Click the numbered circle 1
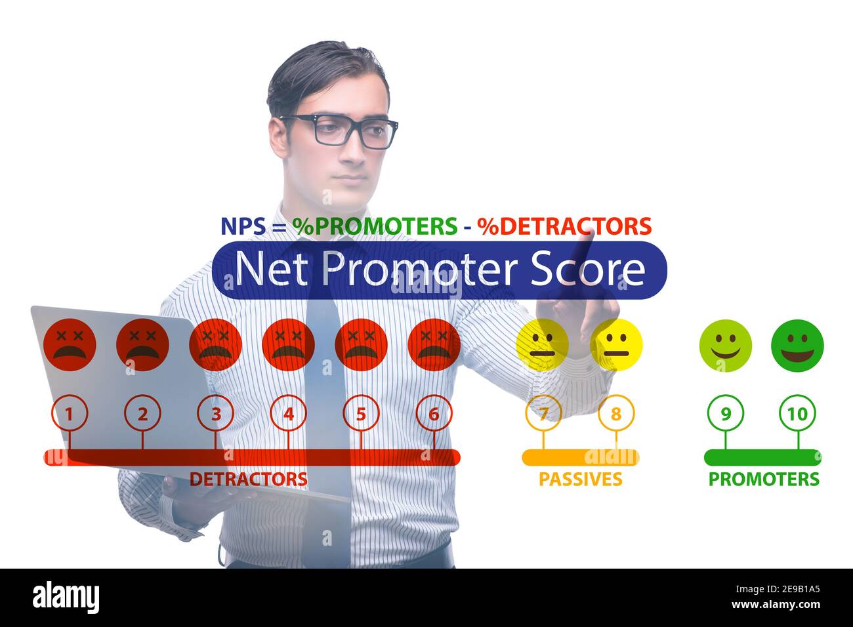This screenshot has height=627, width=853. (x=70, y=413)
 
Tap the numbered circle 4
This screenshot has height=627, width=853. (x=288, y=413)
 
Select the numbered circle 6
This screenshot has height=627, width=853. (x=434, y=413)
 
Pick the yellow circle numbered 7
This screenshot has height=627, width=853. (x=543, y=413)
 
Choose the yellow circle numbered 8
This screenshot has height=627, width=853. (x=615, y=413)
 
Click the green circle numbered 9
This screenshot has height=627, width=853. (x=725, y=413)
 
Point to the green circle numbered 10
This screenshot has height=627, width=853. (x=797, y=413)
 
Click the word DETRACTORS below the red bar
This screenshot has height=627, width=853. (x=248, y=479)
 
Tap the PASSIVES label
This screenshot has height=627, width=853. (x=580, y=479)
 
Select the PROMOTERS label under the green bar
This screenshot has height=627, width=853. (x=764, y=479)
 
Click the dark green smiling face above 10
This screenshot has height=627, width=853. (x=797, y=346)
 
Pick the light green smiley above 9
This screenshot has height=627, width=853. (x=725, y=346)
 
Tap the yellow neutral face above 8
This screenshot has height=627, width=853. (x=615, y=346)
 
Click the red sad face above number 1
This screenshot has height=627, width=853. (x=70, y=345)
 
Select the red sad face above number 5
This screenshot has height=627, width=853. (x=361, y=345)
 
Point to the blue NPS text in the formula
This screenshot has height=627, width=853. (x=243, y=226)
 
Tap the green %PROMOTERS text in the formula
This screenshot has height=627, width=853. (x=375, y=226)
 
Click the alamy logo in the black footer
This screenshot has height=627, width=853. (x=66, y=597)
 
